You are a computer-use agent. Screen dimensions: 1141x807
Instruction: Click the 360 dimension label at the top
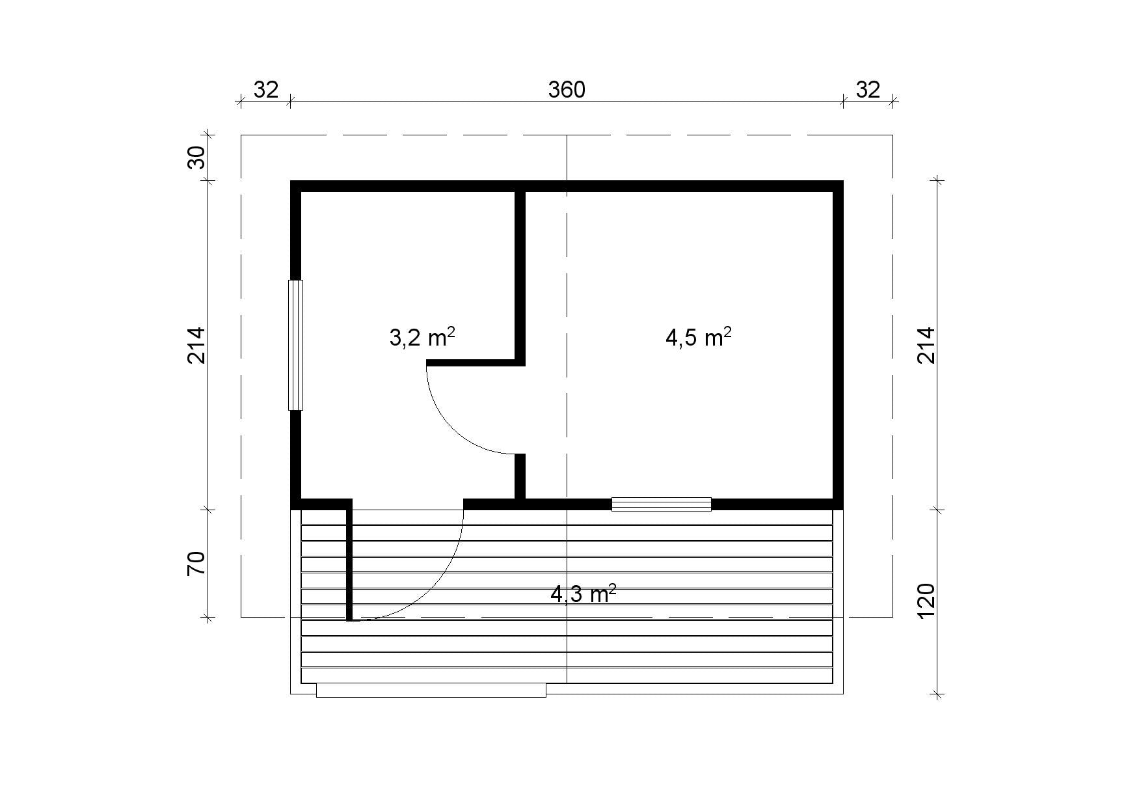567,89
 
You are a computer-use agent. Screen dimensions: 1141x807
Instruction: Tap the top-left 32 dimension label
265,89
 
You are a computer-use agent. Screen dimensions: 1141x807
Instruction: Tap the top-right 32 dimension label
867,89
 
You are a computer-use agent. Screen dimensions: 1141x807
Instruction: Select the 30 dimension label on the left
196,157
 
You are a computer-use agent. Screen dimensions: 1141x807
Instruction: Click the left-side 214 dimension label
196,345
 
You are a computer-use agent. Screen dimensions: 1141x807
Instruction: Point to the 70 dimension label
196,563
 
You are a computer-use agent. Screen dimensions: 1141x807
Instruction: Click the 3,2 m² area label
422,337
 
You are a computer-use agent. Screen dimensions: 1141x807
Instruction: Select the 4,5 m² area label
699,337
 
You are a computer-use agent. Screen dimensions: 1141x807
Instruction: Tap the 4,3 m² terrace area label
584,594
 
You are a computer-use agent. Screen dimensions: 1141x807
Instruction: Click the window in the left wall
296,345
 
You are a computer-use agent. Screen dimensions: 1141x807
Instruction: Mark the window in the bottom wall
662,504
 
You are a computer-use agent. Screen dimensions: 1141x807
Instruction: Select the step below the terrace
431,691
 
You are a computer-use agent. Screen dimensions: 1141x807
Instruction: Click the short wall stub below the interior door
520,476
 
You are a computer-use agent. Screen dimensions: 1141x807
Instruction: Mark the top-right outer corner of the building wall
844,181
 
